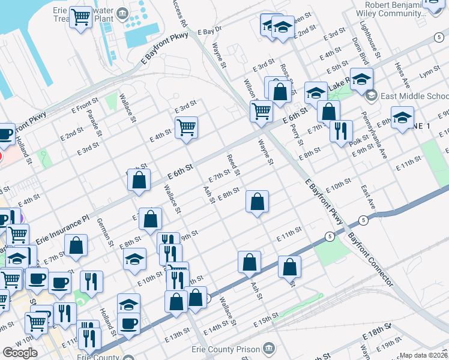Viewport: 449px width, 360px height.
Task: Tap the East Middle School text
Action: (415, 96)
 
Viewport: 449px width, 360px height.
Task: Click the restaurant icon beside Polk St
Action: (341, 131)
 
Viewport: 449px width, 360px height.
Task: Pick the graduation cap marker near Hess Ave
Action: (402, 116)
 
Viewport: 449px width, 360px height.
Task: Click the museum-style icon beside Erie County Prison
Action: (268, 348)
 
